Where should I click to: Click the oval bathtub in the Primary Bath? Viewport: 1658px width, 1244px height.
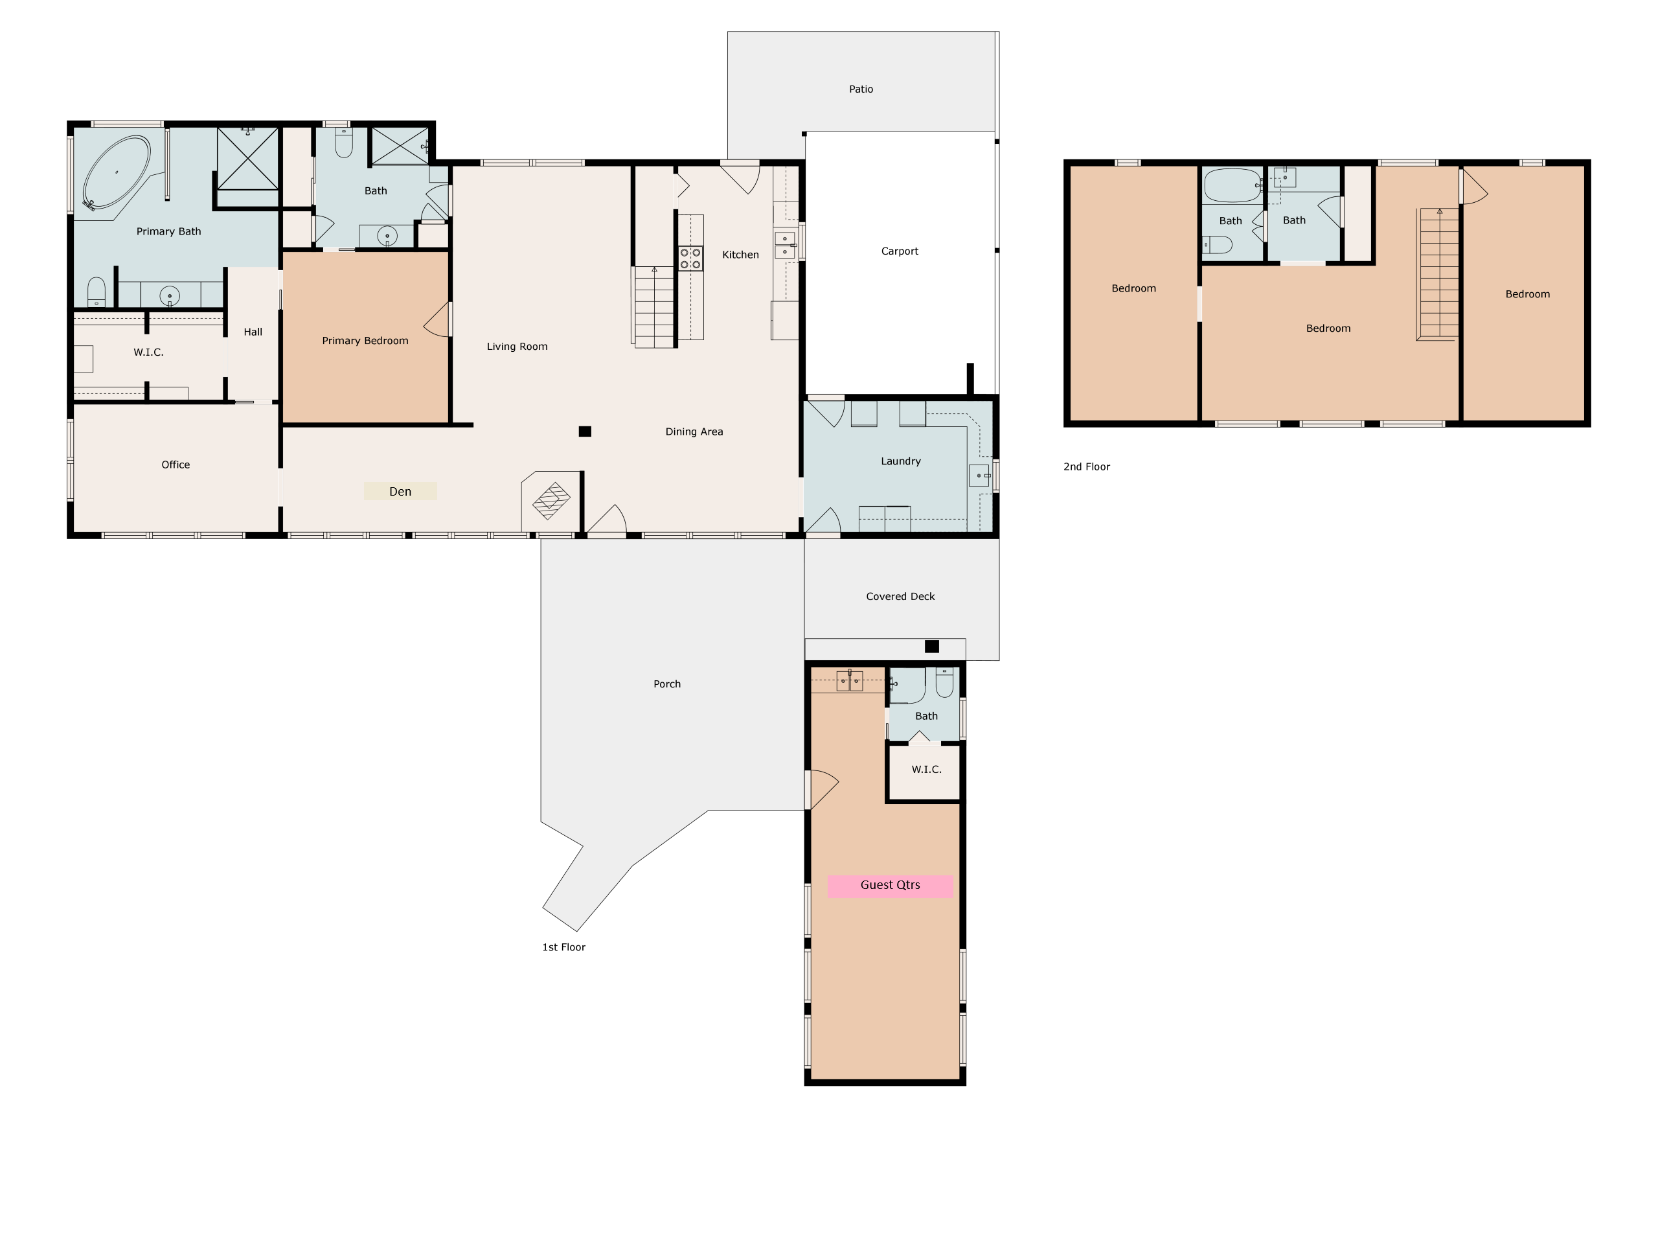point(116,172)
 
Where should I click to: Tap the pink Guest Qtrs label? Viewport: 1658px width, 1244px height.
point(890,886)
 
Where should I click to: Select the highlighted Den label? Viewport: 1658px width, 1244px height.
point(400,492)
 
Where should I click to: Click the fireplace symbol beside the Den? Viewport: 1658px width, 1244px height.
point(551,500)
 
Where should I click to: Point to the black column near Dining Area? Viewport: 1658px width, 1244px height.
point(585,431)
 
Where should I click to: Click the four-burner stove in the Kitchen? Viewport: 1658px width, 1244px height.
point(690,259)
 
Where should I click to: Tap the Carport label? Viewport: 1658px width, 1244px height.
point(900,251)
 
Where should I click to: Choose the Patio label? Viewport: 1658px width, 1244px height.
point(861,89)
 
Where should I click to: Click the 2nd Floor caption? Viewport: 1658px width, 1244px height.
point(1086,466)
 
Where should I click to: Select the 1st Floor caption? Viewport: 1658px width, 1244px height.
point(563,947)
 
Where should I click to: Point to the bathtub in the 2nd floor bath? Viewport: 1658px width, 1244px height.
point(1233,185)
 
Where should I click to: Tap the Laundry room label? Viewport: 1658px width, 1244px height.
point(900,461)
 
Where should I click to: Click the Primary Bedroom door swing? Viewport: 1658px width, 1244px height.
point(438,319)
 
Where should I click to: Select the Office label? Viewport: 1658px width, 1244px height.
point(176,465)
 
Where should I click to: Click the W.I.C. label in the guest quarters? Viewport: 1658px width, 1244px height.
point(926,769)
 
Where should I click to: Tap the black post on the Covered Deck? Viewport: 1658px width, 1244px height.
point(932,647)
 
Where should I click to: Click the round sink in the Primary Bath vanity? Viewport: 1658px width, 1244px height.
point(170,296)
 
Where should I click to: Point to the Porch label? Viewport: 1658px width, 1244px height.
point(667,684)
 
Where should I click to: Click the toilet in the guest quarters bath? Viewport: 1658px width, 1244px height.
point(944,682)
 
